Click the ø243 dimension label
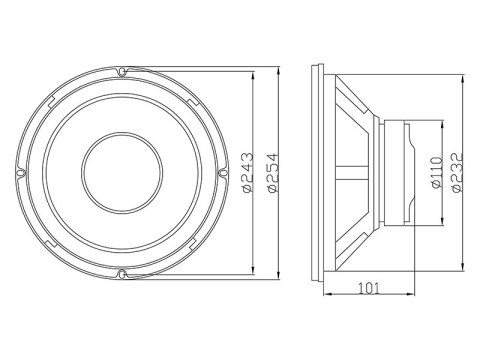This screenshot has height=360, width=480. click(246, 171)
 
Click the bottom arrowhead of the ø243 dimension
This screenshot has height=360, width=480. click(249, 269)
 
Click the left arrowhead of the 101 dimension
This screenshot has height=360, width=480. click(326, 297)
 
